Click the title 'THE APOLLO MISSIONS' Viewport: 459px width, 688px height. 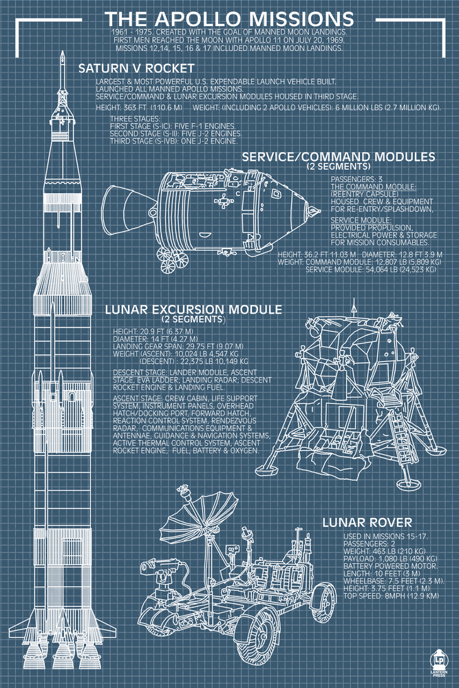click(230, 18)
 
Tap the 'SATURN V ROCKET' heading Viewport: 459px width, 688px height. click(136, 68)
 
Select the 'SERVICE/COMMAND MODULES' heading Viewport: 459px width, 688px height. click(338, 158)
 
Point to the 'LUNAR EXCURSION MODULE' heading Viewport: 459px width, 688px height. click(193, 309)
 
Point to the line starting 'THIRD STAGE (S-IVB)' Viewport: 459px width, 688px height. click(173, 140)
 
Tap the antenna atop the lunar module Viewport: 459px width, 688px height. click(354, 308)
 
